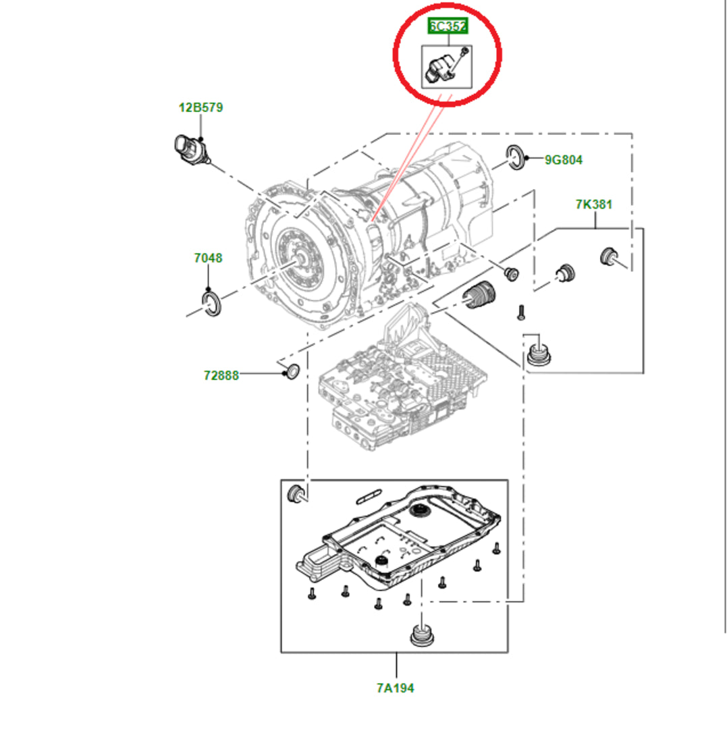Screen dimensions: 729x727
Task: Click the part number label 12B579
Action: [x=200, y=107]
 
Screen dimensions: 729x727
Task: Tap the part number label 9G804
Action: [x=564, y=160]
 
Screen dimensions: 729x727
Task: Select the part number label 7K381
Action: [x=594, y=204]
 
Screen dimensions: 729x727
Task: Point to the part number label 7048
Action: [x=208, y=258]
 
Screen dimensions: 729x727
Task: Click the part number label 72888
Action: [x=221, y=375]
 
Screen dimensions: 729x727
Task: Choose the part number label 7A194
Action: [x=396, y=688]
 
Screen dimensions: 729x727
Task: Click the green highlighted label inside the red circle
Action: [x=448, y=27]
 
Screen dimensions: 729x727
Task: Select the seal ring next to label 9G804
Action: [x=517, y=157]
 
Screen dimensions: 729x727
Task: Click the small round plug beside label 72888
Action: [x=292, y=371]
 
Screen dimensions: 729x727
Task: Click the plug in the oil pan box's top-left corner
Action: [x=296, y=493]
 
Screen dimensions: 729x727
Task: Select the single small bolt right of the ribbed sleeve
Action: [x=520, y=312]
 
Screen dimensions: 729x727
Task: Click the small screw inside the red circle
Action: [x=463, y=53]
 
